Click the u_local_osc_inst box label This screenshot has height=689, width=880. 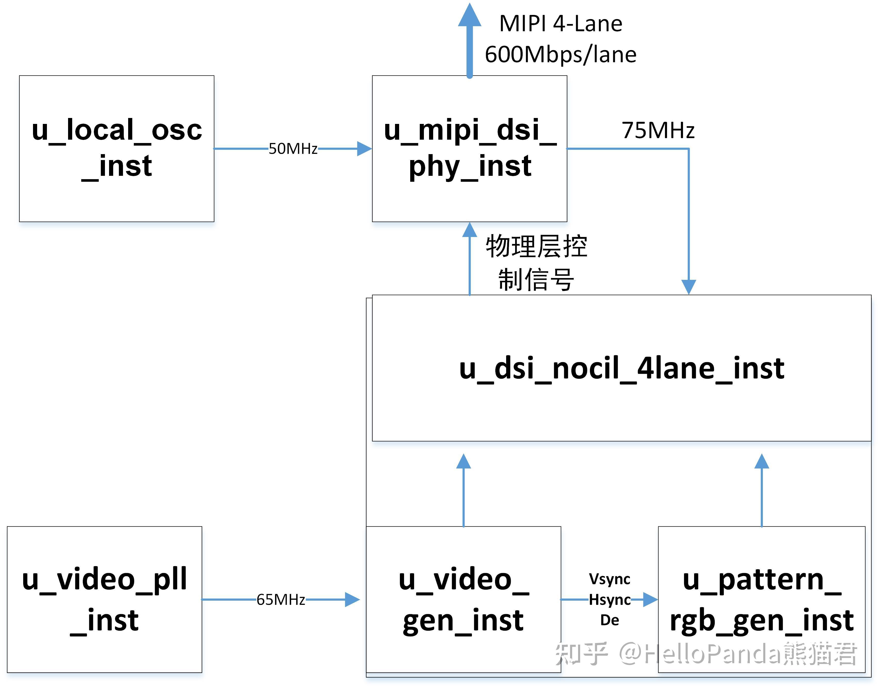coord(117,148)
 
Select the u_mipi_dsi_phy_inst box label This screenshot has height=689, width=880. coord(470,148)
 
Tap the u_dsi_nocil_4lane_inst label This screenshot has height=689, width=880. coord(621,368)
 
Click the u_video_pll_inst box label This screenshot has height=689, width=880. coord(104,599)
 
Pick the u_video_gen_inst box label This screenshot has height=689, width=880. coord(463,599)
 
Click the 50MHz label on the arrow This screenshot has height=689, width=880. coord(293,148)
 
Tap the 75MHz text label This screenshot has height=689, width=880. coord(658,130)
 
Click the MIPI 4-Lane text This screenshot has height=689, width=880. coord(561,23)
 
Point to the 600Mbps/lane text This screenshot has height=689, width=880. coord(561,54)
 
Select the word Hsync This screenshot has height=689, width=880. coord(609,600)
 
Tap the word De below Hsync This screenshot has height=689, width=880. coord(609,620)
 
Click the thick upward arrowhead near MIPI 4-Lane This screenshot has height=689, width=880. coord(470,15)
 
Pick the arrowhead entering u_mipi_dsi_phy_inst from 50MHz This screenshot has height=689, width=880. coord(364,148)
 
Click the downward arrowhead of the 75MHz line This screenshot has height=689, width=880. coord(689,287)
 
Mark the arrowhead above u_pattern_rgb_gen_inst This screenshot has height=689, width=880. coord(762,462)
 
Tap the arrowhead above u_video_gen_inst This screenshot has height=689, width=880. coord(463,462)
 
